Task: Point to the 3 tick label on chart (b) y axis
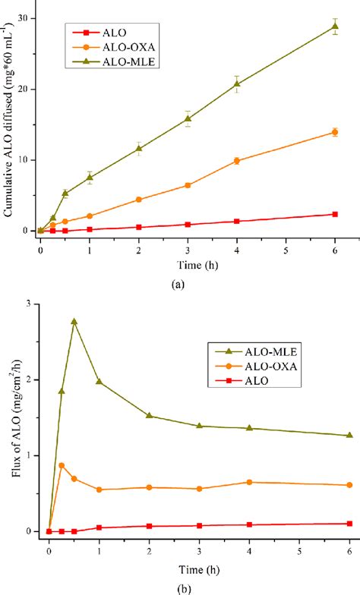pyautogui.click(x=27, y=304)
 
